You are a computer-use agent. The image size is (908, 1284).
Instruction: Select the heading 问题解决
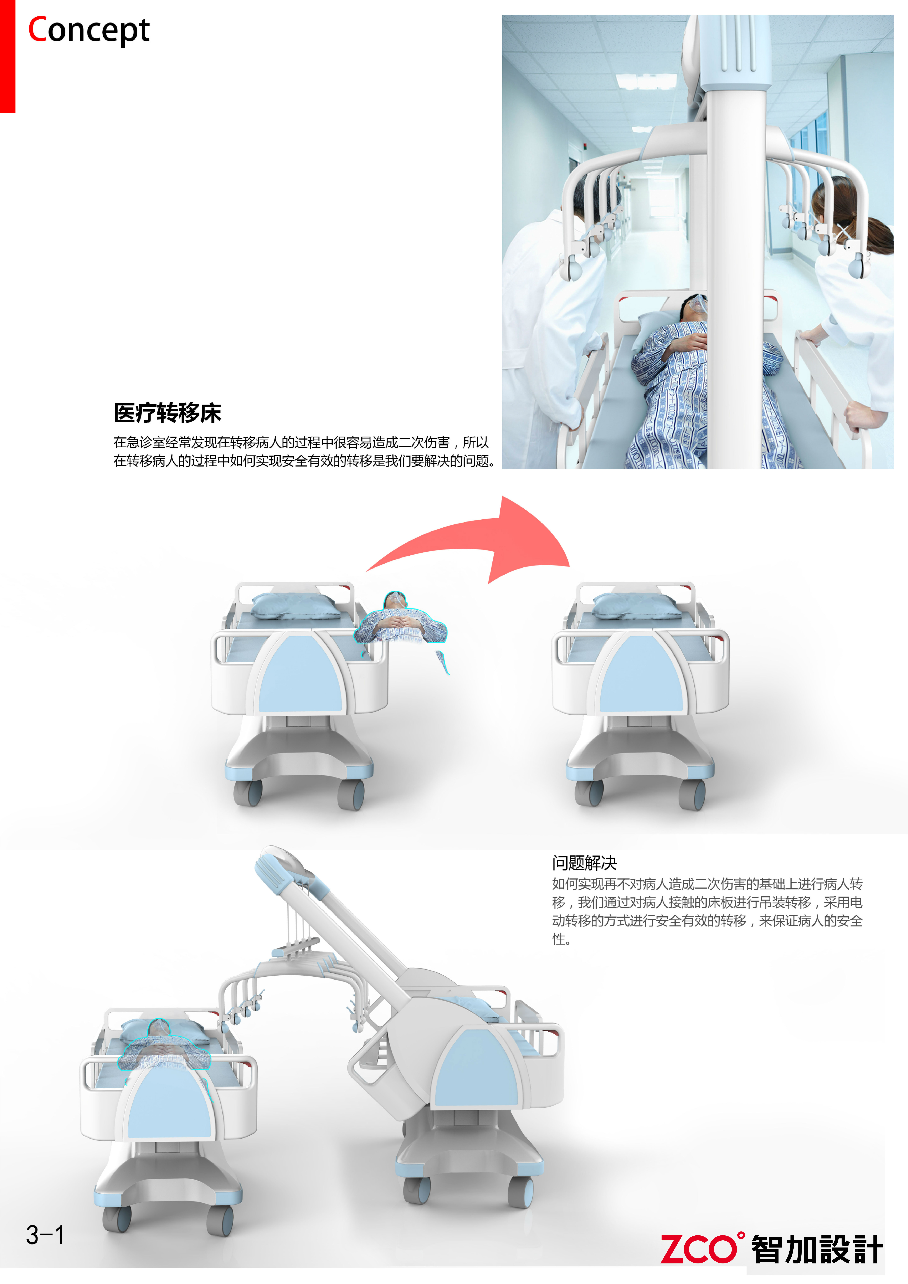(x=584, y=863)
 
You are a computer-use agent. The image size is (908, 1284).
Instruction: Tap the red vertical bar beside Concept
(x=7, y=56)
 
